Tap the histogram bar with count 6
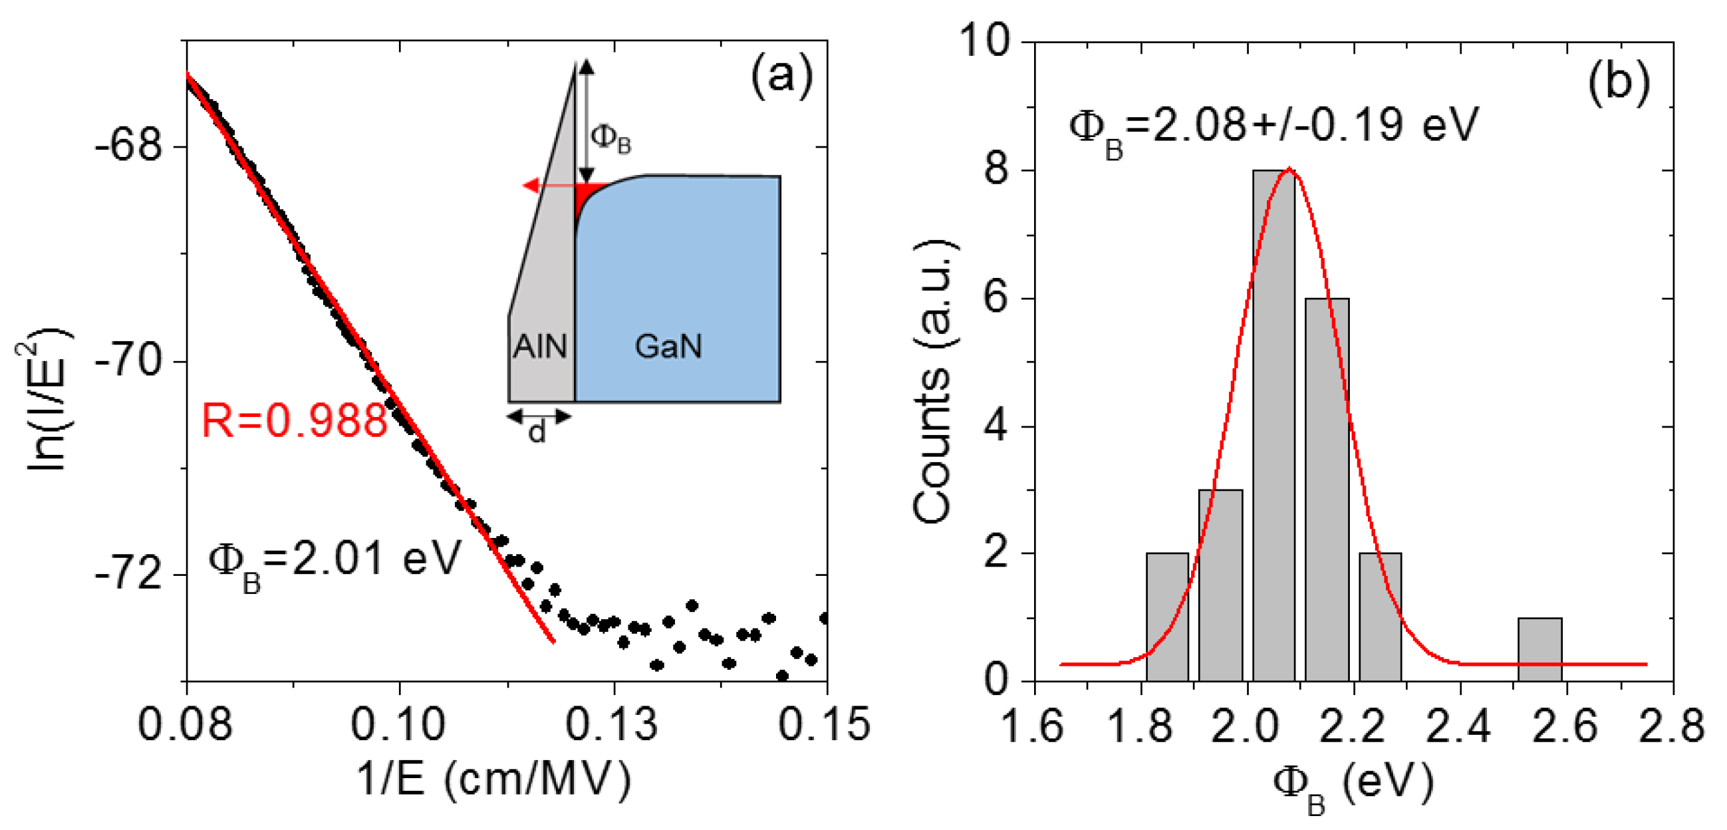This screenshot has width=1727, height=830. pos(1327,489)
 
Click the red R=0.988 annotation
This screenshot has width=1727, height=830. pos(295,421)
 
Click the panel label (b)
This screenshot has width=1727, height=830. pos(1619,82)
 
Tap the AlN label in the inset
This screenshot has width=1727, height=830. pos(540,347)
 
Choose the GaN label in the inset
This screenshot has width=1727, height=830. pos(668,347)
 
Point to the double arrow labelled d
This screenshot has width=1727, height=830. pos(539,418)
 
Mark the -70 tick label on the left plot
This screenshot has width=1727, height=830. pos(129,361)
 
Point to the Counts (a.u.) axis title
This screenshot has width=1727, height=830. pos(933,382)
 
